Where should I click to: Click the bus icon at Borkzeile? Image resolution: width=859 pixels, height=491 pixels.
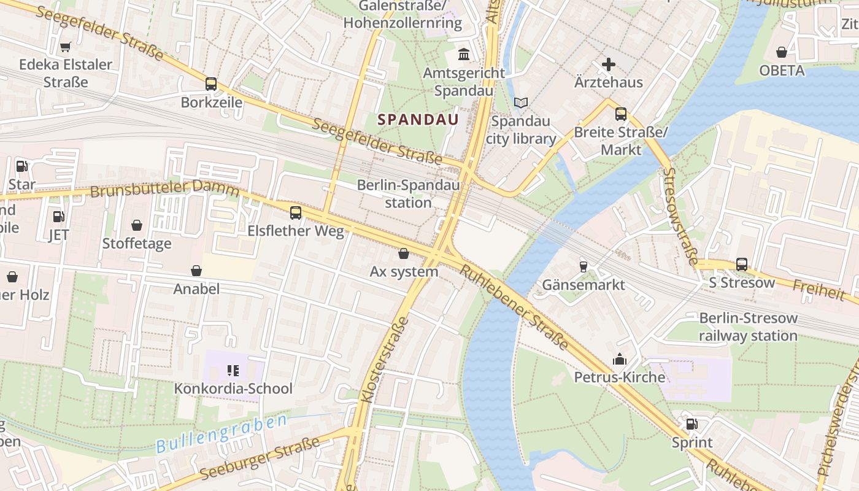211,84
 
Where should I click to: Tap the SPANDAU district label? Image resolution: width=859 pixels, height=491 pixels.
418,120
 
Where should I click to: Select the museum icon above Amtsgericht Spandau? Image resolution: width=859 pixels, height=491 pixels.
464,55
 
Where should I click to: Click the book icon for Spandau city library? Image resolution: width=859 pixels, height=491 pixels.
521,102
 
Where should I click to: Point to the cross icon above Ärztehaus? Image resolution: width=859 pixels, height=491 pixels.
608,64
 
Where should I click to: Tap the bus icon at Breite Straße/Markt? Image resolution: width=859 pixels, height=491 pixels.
621,114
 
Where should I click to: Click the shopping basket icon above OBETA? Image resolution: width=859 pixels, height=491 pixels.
782,52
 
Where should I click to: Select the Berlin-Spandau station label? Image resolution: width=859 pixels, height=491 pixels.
408,193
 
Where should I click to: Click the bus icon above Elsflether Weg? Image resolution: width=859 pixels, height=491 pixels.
296,213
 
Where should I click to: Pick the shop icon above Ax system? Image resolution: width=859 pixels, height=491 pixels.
404,253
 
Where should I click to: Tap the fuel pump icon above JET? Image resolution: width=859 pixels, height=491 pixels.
58,217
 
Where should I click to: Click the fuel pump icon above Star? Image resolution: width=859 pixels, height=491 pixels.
21,166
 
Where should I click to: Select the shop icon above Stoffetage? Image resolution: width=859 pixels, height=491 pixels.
137,225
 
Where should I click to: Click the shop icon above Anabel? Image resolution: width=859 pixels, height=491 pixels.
196,271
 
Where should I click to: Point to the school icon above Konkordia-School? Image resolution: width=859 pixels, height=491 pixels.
233,370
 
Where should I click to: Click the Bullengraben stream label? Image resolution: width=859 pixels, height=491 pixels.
221,434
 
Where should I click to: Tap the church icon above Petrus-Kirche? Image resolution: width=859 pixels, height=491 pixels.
620,358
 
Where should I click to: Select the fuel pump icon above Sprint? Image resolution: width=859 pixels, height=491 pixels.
691,424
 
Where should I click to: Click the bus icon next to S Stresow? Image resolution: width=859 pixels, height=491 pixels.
742,265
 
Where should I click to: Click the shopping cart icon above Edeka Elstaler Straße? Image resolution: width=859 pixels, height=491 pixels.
66,47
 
